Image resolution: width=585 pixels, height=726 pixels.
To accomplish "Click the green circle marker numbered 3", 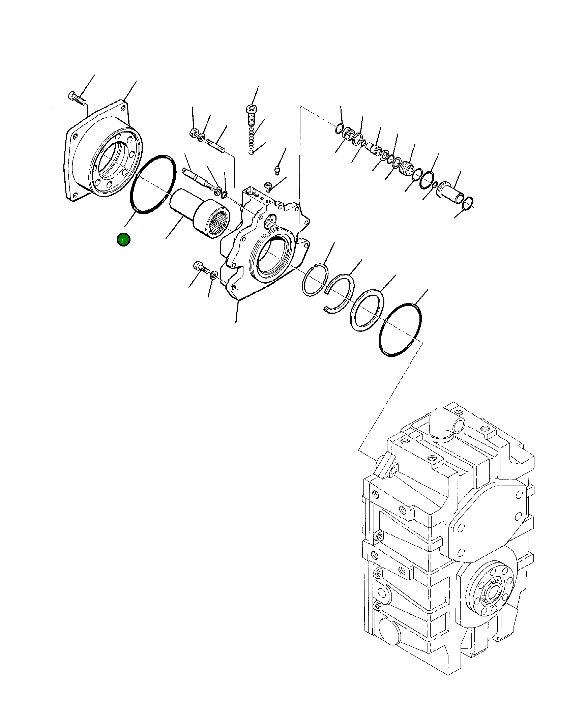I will point(123,240).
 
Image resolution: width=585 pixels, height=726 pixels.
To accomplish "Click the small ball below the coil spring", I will point(252,152).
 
